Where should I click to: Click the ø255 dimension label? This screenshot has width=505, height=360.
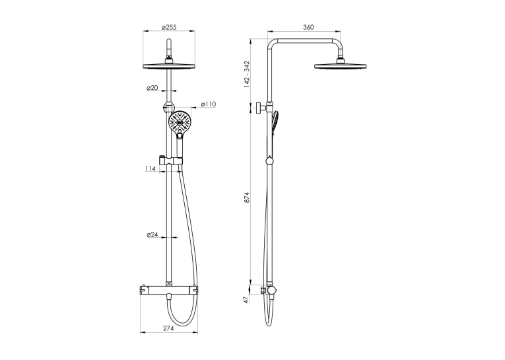(169, 27)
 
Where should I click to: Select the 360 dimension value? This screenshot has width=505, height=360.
(308, 27)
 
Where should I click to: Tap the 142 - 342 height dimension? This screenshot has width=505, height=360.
(247, 74)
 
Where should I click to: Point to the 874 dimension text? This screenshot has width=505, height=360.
(247, 198)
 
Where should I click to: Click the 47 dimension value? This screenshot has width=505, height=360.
(247, 300)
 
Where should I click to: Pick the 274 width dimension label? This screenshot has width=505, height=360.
(168, 328)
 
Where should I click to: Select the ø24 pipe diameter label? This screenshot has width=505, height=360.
(152, 234)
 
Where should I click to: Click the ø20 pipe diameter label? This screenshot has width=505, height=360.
(152, 88)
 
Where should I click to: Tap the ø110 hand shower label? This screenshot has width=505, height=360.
(209, 104)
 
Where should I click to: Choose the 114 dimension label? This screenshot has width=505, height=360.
(151, 168)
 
